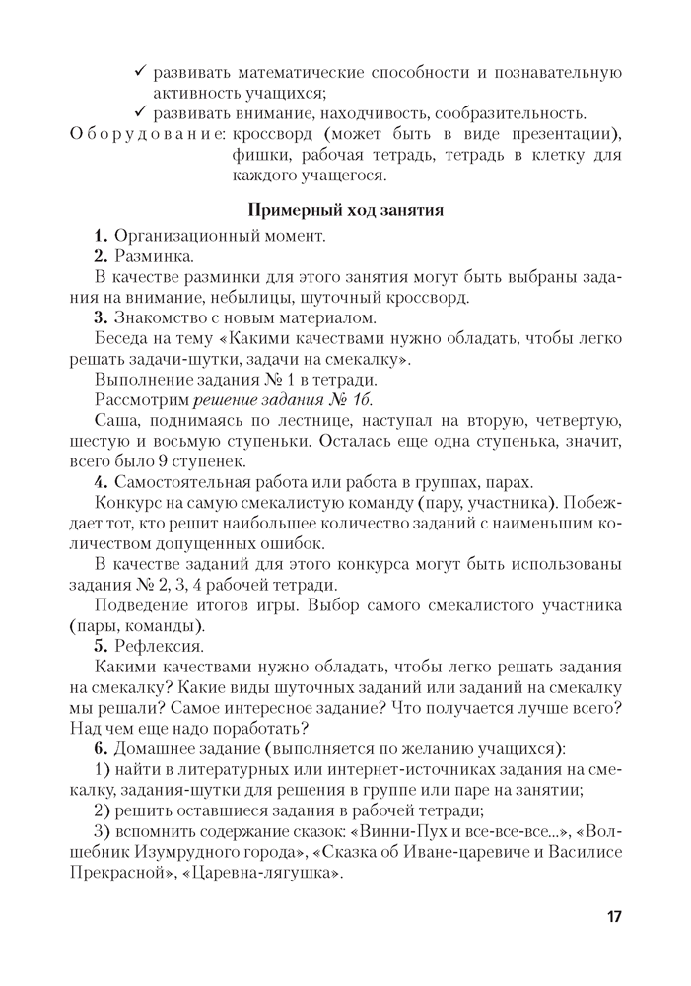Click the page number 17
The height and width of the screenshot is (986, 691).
point(613,917)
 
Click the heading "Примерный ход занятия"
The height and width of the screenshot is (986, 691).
point(346,209)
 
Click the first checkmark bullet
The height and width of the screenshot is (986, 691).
point(142,72)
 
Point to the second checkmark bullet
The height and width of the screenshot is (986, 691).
point(142,113)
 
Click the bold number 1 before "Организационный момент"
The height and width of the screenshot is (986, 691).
point(100,236)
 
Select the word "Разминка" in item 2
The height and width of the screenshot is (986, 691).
point(153,256)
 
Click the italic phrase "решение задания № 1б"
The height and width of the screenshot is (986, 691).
point(283,399)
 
